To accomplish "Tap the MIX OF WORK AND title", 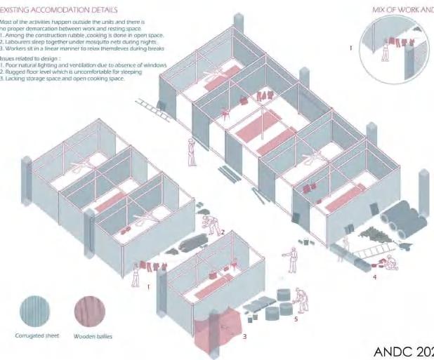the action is point(402,10).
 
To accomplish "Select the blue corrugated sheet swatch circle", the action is point(34,309).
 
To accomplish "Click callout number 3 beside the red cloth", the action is point(244,337).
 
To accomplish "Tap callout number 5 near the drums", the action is point(296,319).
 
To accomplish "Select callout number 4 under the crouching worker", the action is point(374,276).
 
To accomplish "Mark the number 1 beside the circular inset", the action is point(351,48).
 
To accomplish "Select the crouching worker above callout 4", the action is point(390,261).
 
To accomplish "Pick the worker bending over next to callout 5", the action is point(301,298).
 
